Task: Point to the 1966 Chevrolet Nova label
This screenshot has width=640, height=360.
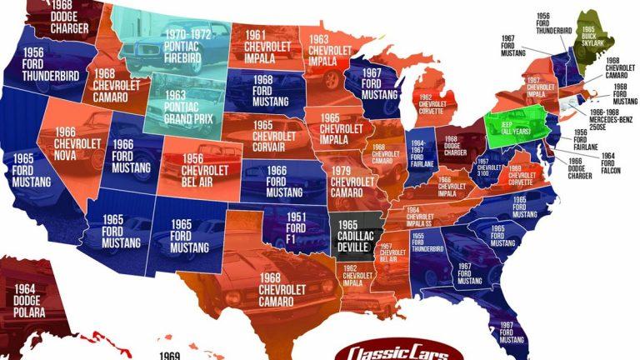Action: (x=77, y=144)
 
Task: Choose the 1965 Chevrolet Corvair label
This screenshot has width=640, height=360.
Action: (x=274, y=137)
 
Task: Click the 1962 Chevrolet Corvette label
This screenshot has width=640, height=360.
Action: (x=434, y=103)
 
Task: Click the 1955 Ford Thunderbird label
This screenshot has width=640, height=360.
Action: (x=426, y=241)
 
